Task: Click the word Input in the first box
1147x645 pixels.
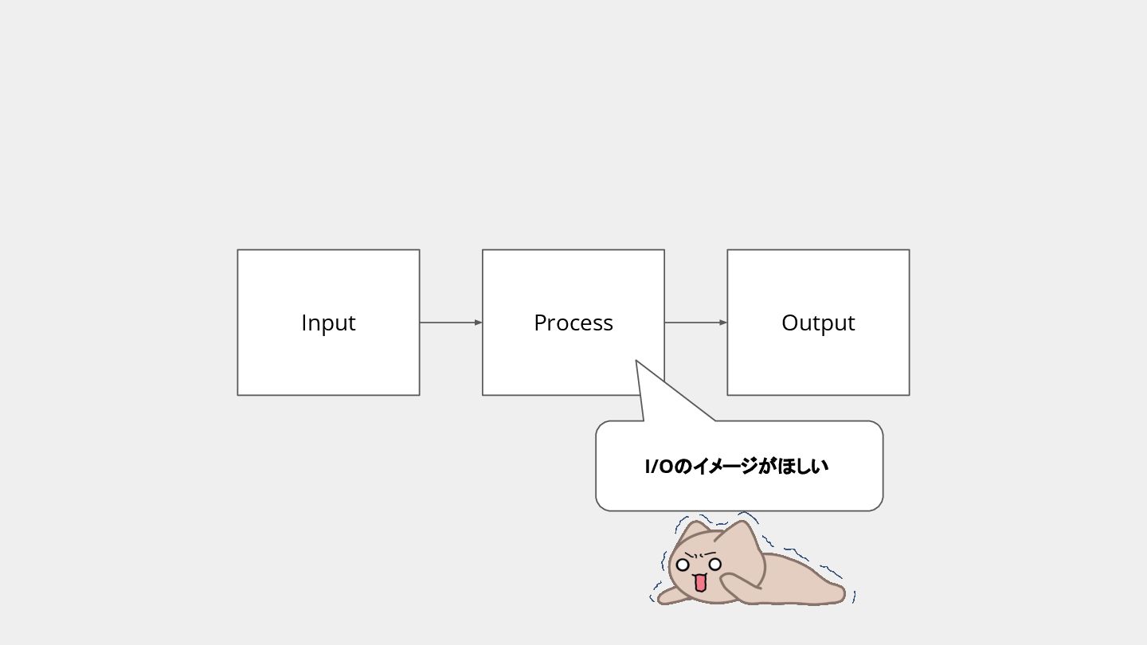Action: coord(328,322)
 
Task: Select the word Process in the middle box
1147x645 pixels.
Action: coord(573,322)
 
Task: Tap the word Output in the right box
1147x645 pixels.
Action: coord(818,322)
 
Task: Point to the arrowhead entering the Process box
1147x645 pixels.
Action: coord(478,322)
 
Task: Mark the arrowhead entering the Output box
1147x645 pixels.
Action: coord(722,322)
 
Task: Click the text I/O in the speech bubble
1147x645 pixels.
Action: coord(659,467)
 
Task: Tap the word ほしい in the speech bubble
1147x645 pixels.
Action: coord(803,467)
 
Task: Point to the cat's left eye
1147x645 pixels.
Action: coord(683,565)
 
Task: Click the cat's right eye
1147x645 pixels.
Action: coord(715,564)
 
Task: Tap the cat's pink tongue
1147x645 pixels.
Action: coord(700,584)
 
